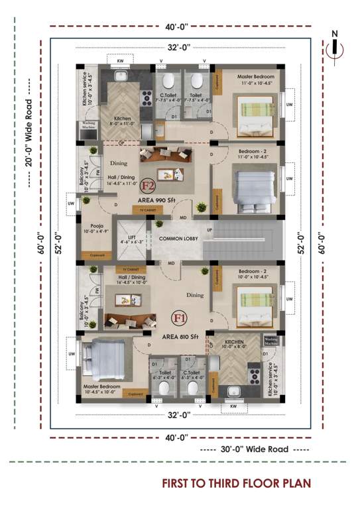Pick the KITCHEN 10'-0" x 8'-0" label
coord(233,343)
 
